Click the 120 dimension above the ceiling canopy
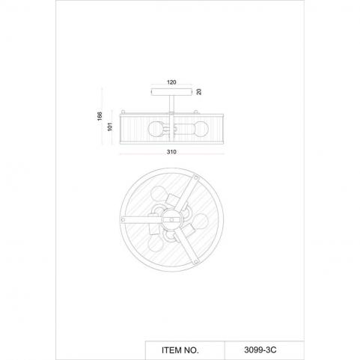click(171, 82)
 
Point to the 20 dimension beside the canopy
click(199, 92)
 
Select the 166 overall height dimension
click(100, 116)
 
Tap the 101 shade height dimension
click(110, 126)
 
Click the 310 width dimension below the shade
click(171, 152)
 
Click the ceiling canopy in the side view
click(171, 92)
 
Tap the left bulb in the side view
click(155, 129)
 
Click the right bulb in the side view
click(201, 129)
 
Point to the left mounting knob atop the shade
click(123, 112)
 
